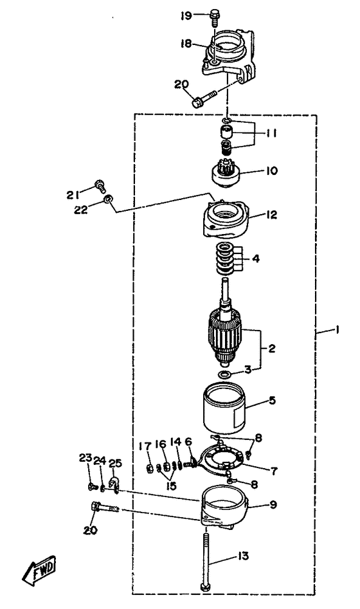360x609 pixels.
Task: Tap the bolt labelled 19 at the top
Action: click(x=214, y=17)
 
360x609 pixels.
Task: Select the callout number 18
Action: click(x=186, y=44)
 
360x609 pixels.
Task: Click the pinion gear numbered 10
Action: click(x=226, y=174)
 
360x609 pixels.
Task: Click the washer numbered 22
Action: click(x=108, y=199)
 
